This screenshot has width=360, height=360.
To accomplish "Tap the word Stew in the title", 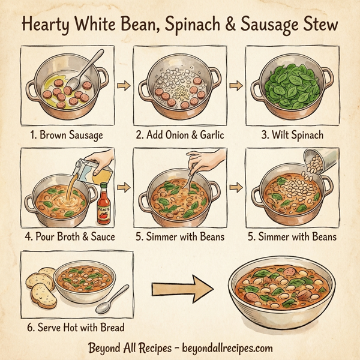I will tap(318, 26).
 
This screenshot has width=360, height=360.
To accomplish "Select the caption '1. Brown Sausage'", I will tap(67, 135).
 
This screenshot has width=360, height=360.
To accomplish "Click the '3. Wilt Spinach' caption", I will tap(293, 135).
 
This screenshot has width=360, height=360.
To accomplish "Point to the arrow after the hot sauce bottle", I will tap(124, 188).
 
